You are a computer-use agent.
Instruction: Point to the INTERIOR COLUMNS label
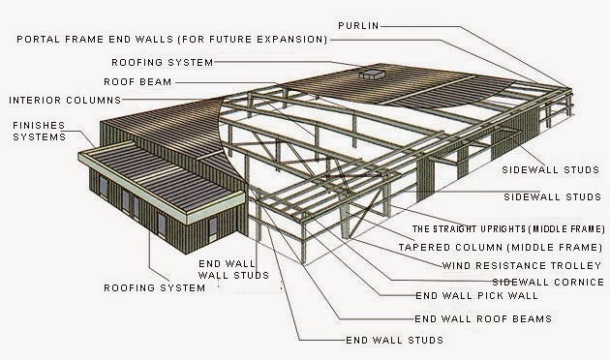[65, 100]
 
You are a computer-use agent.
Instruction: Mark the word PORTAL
[35, 40]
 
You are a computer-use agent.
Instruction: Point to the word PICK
[479, 297]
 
